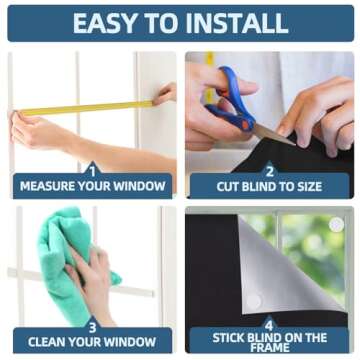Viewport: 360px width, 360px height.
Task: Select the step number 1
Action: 93,172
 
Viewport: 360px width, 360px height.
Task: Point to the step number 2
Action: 269,172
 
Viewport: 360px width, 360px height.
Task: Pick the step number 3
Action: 92,327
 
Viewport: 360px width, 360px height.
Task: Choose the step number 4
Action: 269,325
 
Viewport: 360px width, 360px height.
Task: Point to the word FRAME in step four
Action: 269,347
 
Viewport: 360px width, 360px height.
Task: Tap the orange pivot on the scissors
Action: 245,125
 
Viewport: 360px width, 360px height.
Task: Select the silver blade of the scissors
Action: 274,136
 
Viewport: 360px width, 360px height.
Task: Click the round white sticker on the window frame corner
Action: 336,224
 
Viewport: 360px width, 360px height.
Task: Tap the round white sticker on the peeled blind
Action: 254,301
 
